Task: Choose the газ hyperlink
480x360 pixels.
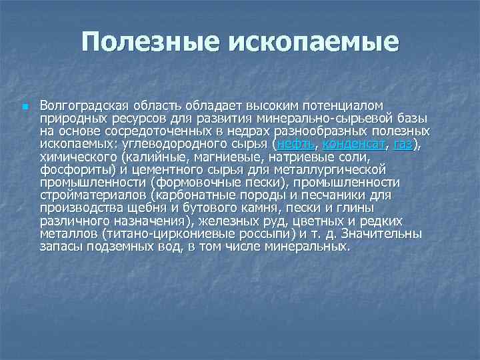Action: tap(403, 143)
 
